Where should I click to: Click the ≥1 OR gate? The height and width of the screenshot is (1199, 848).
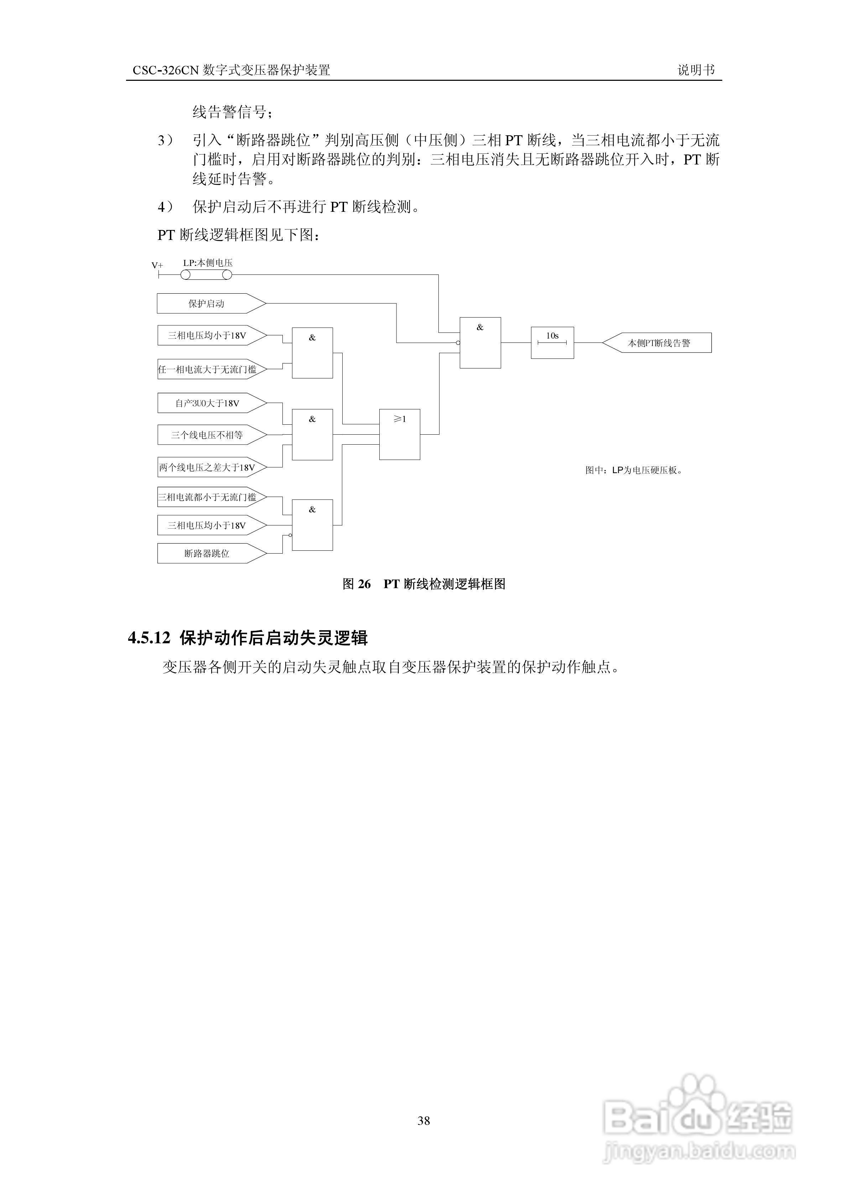[x=399, y=434]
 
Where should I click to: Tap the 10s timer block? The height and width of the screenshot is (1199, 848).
[x=552, y=342]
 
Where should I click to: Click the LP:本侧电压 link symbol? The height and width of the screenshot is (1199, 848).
[x=206, y=275]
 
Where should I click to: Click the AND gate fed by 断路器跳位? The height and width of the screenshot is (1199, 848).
[x=312, y=525]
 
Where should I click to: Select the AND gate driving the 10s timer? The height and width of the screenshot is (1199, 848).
[x=480, y=342]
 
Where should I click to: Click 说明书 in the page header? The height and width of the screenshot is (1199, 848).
[x=696, y=70]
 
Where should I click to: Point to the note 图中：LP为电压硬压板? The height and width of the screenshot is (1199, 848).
[x=633, y=470]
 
